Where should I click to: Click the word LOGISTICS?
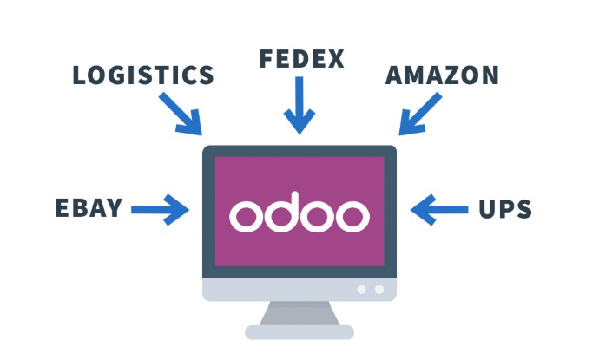143,75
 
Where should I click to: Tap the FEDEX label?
301,59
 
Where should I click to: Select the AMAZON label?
442,75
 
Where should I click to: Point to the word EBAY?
89,208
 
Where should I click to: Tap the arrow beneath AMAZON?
420,114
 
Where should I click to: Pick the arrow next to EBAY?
161,208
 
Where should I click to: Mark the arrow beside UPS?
438,208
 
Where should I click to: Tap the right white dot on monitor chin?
378,289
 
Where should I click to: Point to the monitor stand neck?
299,312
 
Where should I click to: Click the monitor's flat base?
299,331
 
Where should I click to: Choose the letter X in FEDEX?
334,59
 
